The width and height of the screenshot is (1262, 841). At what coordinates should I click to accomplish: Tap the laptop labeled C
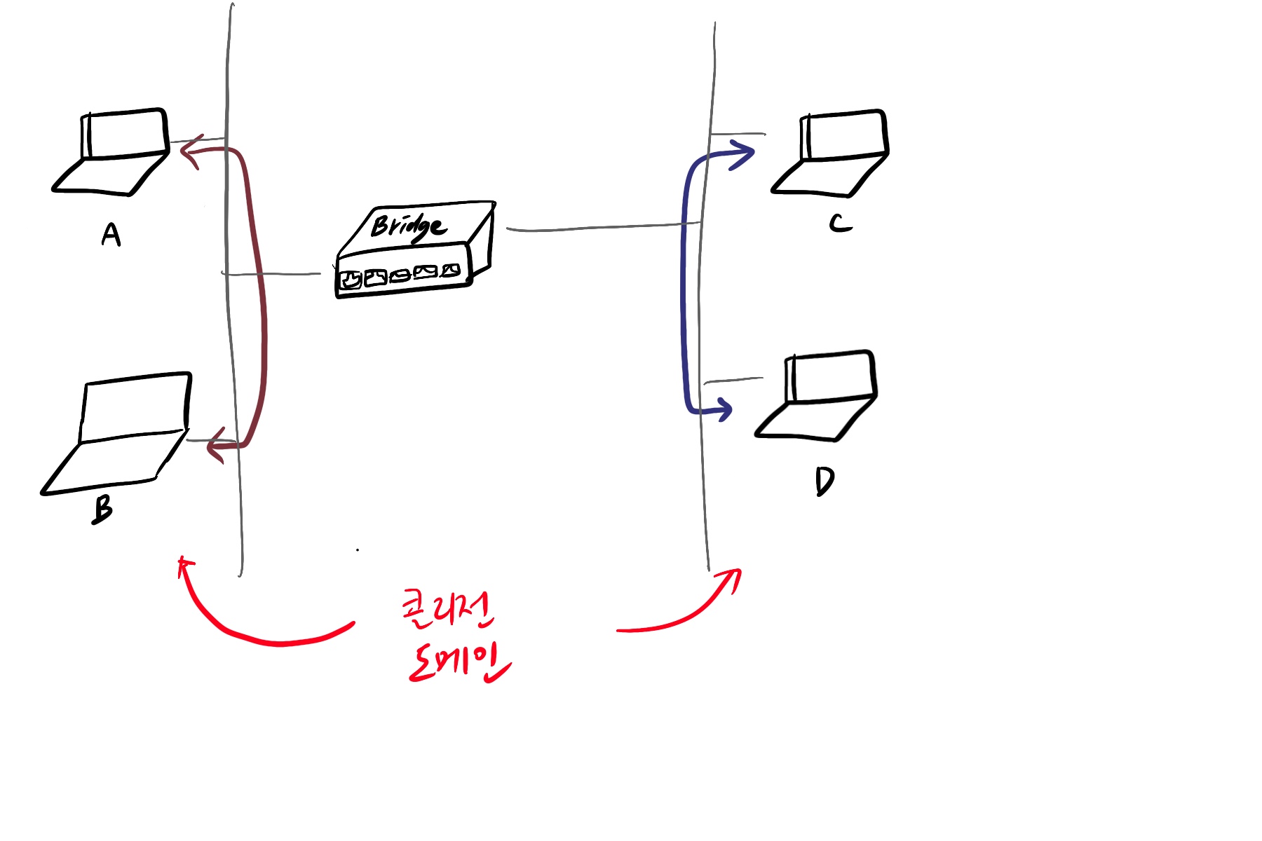834,154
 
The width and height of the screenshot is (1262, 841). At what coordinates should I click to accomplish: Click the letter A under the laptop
111,235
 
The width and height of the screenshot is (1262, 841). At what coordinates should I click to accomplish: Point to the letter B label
102,510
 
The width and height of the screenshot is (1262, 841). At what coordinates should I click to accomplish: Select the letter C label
840,223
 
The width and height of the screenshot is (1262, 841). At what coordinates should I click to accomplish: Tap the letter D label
825,481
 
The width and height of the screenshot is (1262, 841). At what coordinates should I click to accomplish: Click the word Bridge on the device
408,226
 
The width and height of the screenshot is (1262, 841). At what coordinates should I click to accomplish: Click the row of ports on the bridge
400,275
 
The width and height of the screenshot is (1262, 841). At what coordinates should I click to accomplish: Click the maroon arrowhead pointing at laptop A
191,151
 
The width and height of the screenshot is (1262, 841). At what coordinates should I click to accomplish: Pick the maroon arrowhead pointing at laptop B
217,446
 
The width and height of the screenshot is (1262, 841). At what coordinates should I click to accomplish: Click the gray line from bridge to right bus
603,226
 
